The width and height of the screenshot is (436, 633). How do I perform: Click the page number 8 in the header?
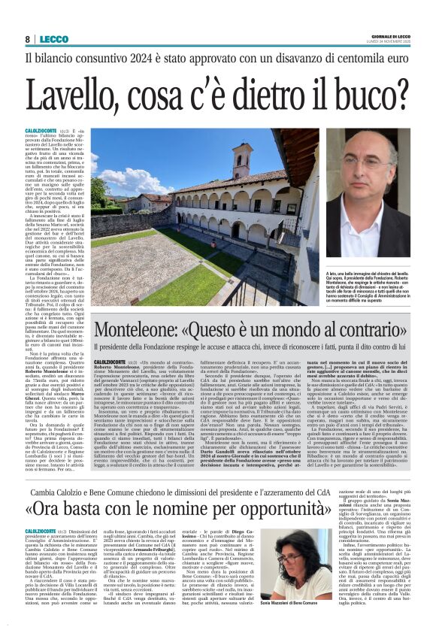coord(28,39)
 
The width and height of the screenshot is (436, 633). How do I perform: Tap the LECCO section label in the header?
coord(54,39)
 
